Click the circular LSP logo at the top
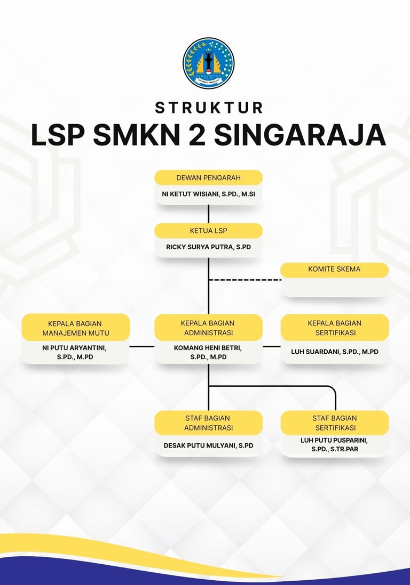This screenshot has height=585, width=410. pos(208,63)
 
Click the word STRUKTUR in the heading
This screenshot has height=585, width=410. pos(209,108)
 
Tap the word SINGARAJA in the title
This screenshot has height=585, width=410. pos(299,135)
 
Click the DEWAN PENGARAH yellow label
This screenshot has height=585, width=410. pos(208,177)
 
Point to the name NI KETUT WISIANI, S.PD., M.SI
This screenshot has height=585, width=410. pos(208,194)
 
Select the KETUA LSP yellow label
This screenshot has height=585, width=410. pos(208,231)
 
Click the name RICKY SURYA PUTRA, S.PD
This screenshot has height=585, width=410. pos(208,247)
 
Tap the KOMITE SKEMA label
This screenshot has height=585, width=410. pos(334,270)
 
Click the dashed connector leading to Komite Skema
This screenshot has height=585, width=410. pos(245,279)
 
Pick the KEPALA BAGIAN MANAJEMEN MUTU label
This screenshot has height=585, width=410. pos(75,328)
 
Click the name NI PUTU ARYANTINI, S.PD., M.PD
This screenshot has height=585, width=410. pos(75,353)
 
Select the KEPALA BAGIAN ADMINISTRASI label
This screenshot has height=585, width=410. pos(208,328)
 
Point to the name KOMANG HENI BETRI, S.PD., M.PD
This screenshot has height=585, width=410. pos(208,353)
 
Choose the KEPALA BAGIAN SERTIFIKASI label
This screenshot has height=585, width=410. pos(335,328)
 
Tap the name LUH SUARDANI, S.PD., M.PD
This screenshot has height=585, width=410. pos(335,352)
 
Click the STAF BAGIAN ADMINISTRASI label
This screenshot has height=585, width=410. pos(208,423)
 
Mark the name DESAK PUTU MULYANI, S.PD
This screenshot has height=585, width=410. pos(208,445)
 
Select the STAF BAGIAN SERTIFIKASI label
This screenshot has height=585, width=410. pos(335,423)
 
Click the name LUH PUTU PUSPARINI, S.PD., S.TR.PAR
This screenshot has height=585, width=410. pos(335,445)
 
